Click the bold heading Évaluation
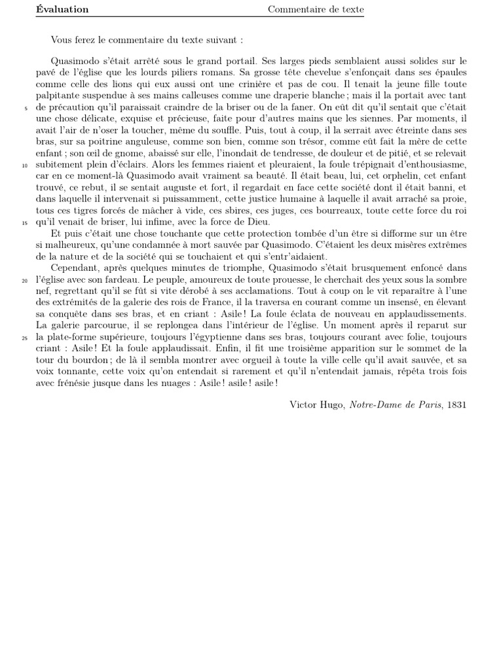pos(62,9)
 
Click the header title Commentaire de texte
pos(316,9)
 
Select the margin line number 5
pos(26,109)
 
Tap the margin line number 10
pos(25,166)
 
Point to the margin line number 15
pos(25,222)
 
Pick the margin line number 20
pos(25,280)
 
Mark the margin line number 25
pos(25,338)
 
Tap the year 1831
pos(456,405)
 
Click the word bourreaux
pos(355,211)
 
